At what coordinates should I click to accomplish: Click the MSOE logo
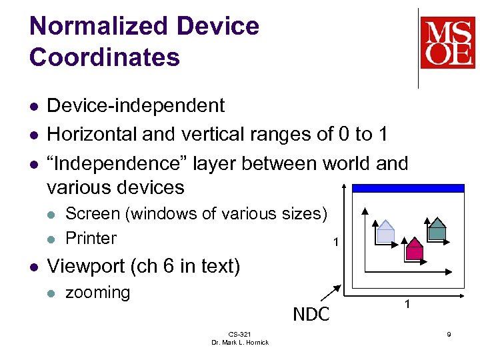pos(447,43)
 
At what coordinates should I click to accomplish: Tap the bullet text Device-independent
pos(136,105)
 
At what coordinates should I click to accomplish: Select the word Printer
pos(91,238)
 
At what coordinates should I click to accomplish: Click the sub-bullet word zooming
pos(97,292)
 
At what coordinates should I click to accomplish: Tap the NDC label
pos(311,314)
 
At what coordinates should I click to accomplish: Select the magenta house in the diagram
pos(415,249)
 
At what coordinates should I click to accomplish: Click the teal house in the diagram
pos(436,229)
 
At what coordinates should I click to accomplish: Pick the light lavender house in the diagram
pos(386,231)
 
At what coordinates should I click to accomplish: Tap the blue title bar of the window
pos(407,189)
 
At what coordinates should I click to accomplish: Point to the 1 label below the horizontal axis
pos(407,305)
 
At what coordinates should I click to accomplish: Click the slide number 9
pos(449,333)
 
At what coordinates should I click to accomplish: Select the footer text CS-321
pos(239,333)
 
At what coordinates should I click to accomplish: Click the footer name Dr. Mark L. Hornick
pos(239,342)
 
